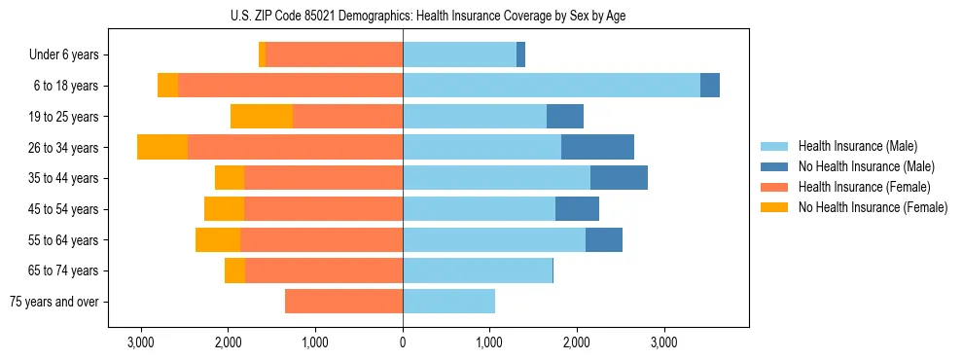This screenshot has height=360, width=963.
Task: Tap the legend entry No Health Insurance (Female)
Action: tap(872, 207)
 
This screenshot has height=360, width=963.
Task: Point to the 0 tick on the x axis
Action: tap(403, 342)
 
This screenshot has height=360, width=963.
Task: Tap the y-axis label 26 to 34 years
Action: tap(66, 148)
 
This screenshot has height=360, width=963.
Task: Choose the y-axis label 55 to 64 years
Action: tap(66, 240)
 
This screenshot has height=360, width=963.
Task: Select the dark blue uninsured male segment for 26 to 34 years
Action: tap(597, 147)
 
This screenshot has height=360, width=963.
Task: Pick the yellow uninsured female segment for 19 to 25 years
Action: tap(262, 117)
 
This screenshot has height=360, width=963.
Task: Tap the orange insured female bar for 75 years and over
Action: tap(343, 302)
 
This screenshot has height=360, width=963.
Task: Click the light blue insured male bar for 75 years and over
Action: tap(448, 302)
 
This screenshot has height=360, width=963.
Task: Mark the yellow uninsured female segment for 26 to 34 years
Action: tap(162, 147)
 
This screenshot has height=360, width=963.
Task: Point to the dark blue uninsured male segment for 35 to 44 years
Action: tap(619, 178)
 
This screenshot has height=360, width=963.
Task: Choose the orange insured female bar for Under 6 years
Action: tap(334, 54)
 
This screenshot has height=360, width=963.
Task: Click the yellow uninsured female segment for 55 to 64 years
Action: tap(218, 240)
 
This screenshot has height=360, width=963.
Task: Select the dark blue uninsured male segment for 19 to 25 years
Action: tap(565, 117)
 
